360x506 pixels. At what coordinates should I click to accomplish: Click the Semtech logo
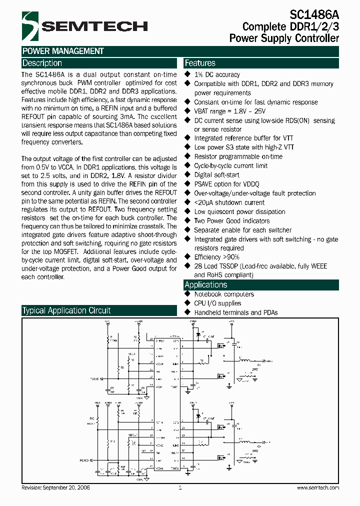pyautogui.click(x=84, y=26)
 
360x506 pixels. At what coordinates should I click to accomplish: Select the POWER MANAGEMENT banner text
pyautogui.click(x=63, y=51)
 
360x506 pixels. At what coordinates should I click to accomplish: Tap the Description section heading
pyautogui.click(x=42, y=63)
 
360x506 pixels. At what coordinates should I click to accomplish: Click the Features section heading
pyautogui.click(x=200, y=63)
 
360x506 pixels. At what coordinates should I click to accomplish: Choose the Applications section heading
pyautogui.click(x=206, y=284)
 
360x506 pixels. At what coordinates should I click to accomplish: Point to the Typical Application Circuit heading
pyautogui.click(x=66, y=310)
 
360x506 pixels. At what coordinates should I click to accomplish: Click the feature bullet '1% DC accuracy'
pyautogui.click(x=217, y=74)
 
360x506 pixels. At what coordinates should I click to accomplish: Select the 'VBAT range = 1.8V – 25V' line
pyautogui.click(x=229, y=111)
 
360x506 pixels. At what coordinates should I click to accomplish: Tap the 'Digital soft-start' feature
pyautogui.click(x=217, y=175)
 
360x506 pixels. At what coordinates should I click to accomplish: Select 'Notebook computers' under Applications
pyautogui.click(x=224, y=294)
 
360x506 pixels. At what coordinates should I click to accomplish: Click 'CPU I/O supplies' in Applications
pyautogui.click(x=217, y=303)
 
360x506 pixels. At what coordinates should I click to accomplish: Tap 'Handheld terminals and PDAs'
pyautogui.click(x=235, y=312)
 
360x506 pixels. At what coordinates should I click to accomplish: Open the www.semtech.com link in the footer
pyautogui.click(x=317, y=487)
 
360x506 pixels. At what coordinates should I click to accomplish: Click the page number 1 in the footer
pyautogui.click(x=179, y=487)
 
